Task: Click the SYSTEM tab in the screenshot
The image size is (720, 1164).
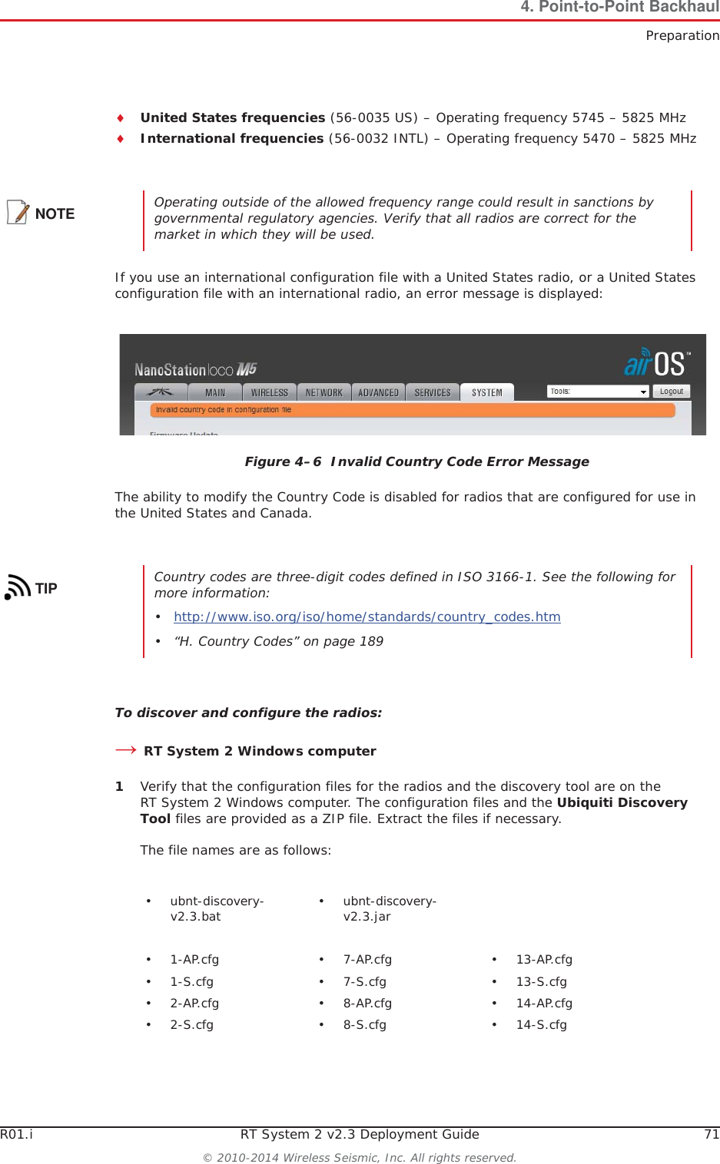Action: coord(486,392)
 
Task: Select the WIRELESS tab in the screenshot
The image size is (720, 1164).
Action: coord(269,392)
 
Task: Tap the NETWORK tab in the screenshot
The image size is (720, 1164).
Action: coord(324,392)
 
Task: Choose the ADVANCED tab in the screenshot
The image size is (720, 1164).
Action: coord(378,392)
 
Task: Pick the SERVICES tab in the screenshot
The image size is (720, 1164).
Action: coord(433,392)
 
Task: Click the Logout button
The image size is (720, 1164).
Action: coord(671,392)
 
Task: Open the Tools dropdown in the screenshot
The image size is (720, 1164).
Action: coord(598,392)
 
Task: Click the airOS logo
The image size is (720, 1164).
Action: coord(657,363)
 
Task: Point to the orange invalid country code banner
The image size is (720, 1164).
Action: coord(413,410)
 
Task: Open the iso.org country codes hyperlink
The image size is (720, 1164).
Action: coord(367,617)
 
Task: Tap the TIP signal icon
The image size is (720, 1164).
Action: coord(18,587)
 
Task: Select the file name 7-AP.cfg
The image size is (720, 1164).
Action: coord(367,959)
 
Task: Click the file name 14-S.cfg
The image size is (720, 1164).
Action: coord(541,1024)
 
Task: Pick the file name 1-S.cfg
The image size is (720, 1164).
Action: coord(191,981)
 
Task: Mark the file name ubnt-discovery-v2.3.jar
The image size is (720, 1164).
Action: coord(389,908)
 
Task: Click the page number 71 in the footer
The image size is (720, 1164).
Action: coord(712,1134)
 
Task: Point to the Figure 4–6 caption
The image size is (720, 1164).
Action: coord(416,461)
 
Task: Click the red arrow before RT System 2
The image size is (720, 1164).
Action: coord(125,750)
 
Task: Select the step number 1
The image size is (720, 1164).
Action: coord(119,786)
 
